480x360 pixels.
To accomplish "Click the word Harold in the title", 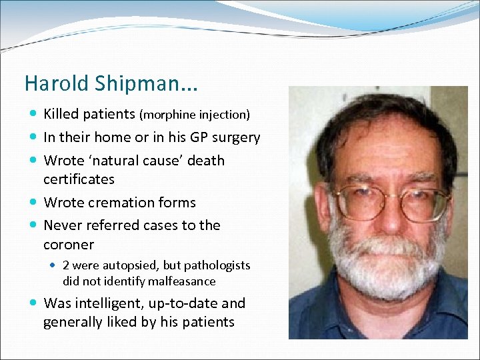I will tap(48, 83).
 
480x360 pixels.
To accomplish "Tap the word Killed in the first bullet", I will tap(62, 114).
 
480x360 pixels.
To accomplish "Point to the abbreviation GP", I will tap(199, 137).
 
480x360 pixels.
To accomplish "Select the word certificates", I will tap(79, 179).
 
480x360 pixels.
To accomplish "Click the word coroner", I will tap(69, 244).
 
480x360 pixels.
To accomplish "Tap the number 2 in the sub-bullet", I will tap(67, 265).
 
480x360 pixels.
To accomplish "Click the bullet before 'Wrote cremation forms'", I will tap(33, 203).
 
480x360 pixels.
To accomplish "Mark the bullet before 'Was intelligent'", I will tap(33, 303).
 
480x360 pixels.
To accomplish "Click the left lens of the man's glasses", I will tap(363, 201).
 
